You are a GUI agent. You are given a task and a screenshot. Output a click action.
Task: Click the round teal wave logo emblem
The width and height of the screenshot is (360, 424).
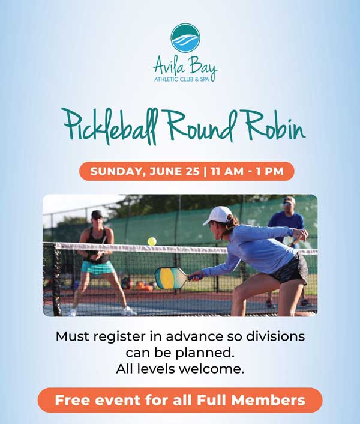[x=185, y=38]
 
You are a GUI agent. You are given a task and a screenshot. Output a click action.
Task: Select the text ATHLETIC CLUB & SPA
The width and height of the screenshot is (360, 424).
[x=182, y=79]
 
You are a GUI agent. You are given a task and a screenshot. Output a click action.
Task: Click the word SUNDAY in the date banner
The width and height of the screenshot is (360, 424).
[x=116, y=171]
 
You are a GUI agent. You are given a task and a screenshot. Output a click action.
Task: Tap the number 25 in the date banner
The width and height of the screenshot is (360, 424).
[x=192, y=171]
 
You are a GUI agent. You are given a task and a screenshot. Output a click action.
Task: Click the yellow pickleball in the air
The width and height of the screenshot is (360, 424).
[x=152, y=241]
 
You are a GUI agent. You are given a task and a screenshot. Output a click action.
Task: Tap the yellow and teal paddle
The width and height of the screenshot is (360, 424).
[x=171, y=277]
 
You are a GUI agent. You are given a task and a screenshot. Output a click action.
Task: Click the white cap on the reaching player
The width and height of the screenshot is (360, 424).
[x=218, y=215]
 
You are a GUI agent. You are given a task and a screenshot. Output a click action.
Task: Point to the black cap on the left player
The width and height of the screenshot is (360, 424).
[x=97, y=214]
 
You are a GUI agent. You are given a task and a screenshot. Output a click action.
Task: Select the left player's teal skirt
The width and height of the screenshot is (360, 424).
[x=98, y=267]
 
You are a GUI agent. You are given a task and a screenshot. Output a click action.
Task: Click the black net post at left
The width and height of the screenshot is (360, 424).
[x=57, y=279]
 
